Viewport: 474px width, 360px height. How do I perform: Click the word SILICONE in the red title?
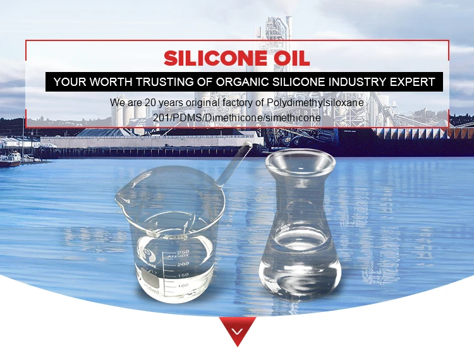click(216, 58)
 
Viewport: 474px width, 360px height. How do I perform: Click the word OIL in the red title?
click(292, 58)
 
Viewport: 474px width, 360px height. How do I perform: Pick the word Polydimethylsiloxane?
click(315, 103)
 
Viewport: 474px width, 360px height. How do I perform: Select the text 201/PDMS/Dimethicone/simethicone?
click(237, 117)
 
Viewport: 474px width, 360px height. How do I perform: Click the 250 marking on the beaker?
click(183, 252)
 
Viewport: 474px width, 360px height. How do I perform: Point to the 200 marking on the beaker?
click(183, 264)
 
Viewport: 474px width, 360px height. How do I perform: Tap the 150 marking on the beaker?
click(183, 275)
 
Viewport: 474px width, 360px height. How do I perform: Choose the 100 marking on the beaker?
click(183, 285)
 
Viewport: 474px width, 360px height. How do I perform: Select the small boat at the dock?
click(11, 159)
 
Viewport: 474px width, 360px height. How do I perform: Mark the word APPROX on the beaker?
click(178, 256)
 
